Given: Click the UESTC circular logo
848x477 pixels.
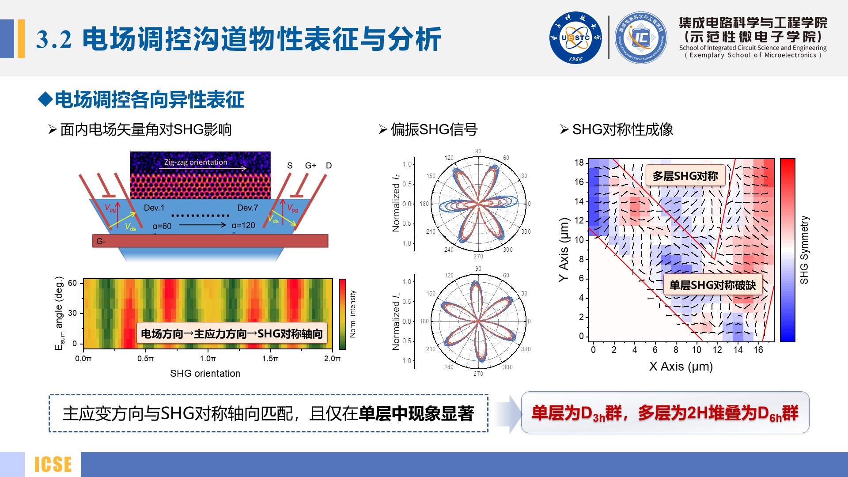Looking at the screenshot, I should coord(575,38).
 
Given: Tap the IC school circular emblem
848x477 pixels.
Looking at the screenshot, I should coord(641,38).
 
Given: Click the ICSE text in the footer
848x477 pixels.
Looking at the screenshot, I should coord(53,464).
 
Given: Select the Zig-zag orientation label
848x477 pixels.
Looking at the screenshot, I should coord(196,162).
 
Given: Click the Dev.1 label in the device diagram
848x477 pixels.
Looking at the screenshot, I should coord(154,208).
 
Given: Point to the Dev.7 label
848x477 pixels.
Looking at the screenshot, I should coord(247,208).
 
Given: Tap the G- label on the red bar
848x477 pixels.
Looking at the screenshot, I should coord(101,241).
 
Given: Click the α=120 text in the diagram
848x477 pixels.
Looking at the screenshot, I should coord(243,225).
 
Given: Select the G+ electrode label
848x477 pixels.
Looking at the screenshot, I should coord(310,165).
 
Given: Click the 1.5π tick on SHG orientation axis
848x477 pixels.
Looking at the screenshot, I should coord(270,359).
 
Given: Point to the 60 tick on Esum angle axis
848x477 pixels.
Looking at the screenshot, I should coord(72,283).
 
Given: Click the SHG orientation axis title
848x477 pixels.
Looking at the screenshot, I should coord(205,373).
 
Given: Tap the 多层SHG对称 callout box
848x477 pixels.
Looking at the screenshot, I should coord(685,176).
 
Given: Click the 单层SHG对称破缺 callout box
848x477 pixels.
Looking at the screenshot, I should coord(712,285).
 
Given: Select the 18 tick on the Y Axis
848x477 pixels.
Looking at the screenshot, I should coord(579,163).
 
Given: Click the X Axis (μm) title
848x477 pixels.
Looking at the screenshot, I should coord(681,366).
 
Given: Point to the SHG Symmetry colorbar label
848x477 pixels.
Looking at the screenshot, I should coord(804,250).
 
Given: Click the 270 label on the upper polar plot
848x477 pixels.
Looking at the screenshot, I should coord(478,256).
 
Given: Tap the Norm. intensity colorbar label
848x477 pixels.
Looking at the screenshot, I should coord(352,314).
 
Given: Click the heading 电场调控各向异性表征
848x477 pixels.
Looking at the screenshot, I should coord(149,99).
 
